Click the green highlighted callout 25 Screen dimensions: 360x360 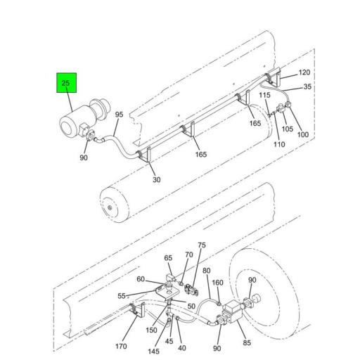[66, 83]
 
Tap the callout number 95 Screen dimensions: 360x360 [119, 115]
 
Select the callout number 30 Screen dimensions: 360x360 [157, 180]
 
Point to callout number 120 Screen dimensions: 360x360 [304, 72]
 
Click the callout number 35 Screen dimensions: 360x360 [307, 86]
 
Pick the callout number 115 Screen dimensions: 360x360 [264, 95]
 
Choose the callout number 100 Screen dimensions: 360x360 [303, 134]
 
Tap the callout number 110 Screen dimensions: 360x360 [279, 144]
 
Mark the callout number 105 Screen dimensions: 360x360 [288, 129]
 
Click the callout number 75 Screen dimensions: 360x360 [202, 245]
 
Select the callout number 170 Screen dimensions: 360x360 [121, 346]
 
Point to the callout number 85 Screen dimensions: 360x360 [247, 342]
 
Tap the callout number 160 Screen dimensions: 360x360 [217, 283]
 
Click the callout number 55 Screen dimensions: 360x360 [122, 296]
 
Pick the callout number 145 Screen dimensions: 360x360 [153, 352]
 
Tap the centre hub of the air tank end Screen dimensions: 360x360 [110, 207]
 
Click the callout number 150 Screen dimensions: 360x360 [151, 330]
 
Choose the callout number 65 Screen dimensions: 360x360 [168, 258]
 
